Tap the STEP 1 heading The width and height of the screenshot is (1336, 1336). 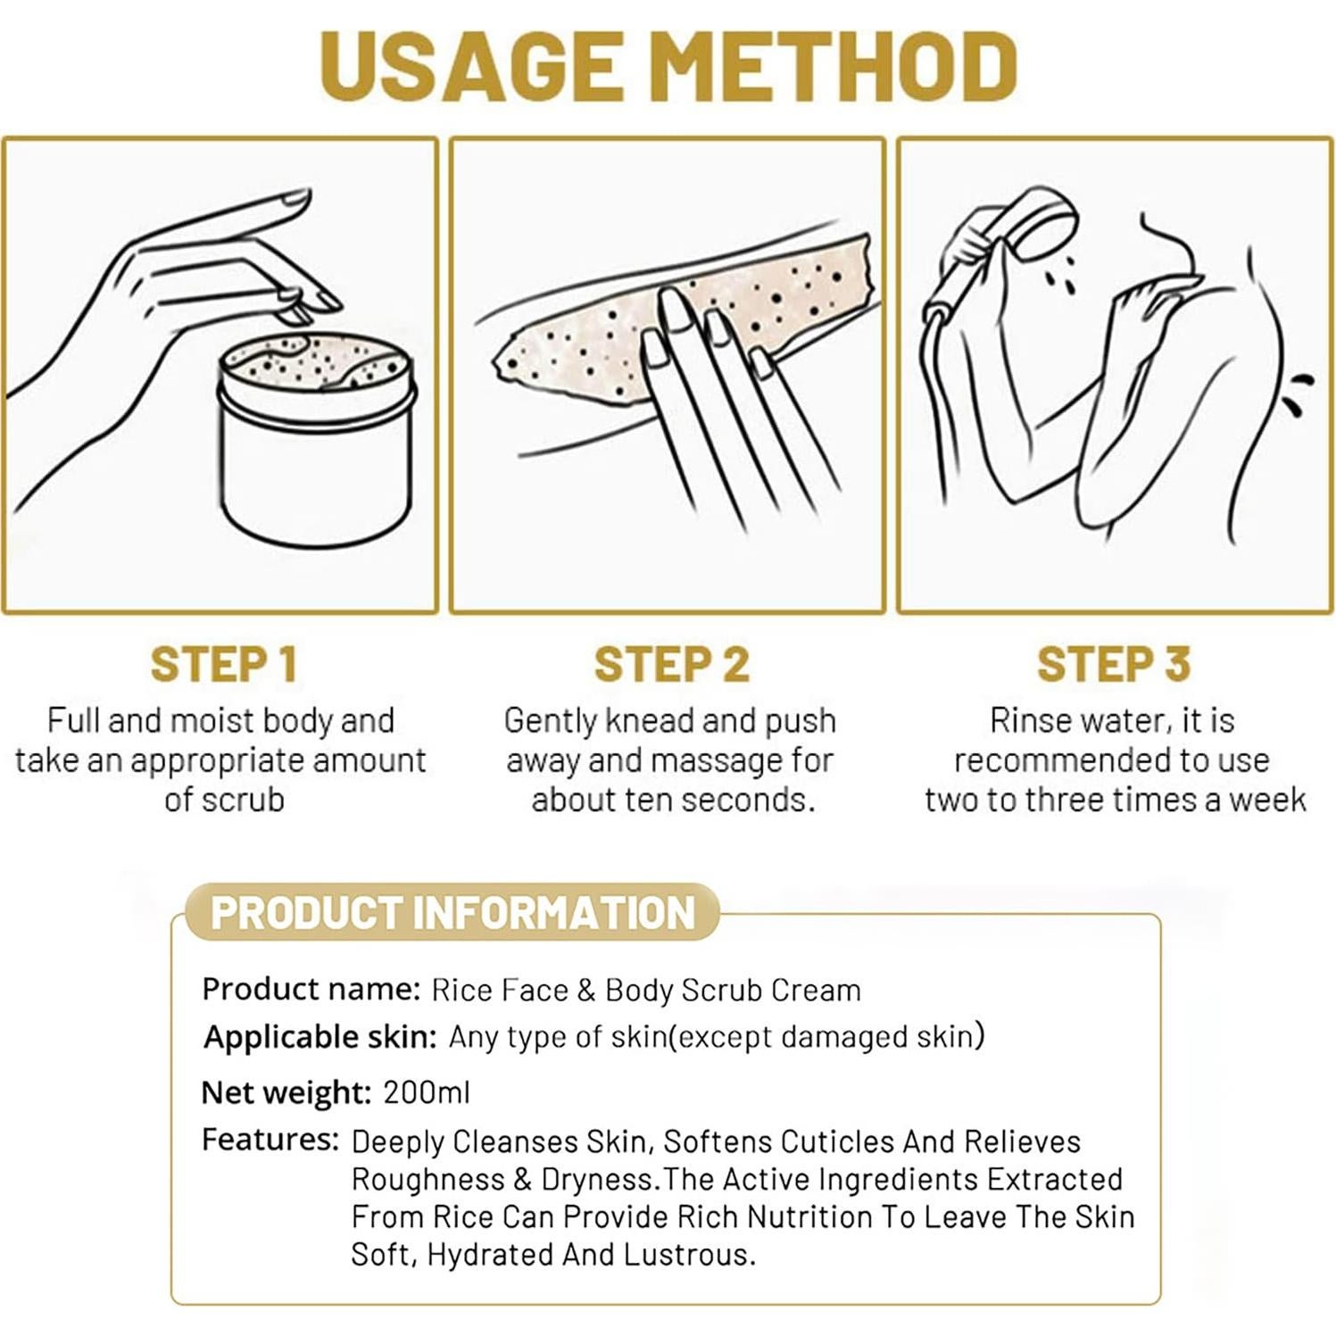(223, 664)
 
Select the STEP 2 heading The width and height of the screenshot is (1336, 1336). (671, 664)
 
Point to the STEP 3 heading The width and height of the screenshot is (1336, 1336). (1114, 664)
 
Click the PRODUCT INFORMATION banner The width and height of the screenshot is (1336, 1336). (452, 912)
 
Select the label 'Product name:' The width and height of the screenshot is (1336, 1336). (311, 989)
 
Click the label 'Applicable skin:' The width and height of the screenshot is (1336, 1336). (319, 1037)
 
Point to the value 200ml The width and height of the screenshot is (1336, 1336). (426, 1092)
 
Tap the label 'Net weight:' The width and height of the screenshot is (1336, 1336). (286, 1092)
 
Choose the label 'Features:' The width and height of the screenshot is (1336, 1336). (270, 1140)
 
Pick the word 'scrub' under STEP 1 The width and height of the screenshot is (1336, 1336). (242, 800)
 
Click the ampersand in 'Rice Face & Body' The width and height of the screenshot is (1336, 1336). (586, 990)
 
